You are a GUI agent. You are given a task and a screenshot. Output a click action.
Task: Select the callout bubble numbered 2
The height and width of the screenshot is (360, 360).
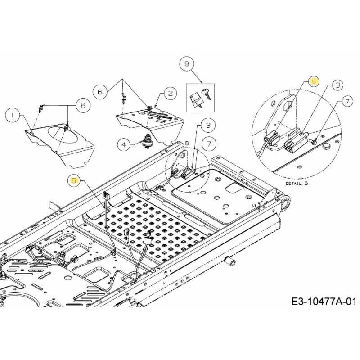pyautogui.click(x=170, y=93)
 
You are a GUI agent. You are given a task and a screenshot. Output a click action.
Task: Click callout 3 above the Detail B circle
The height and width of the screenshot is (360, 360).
pyautogui.click(x=338, y=85)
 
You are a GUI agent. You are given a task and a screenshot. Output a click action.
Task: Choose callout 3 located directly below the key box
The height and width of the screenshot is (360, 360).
pyautogui.click(x=208, y=125)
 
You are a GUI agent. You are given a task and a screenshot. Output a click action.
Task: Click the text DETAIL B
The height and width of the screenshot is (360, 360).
pyautogui.click(x=297, y=184)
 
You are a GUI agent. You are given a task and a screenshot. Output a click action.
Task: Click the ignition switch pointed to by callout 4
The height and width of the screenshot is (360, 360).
pyautogui.click(x=147, y=142)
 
